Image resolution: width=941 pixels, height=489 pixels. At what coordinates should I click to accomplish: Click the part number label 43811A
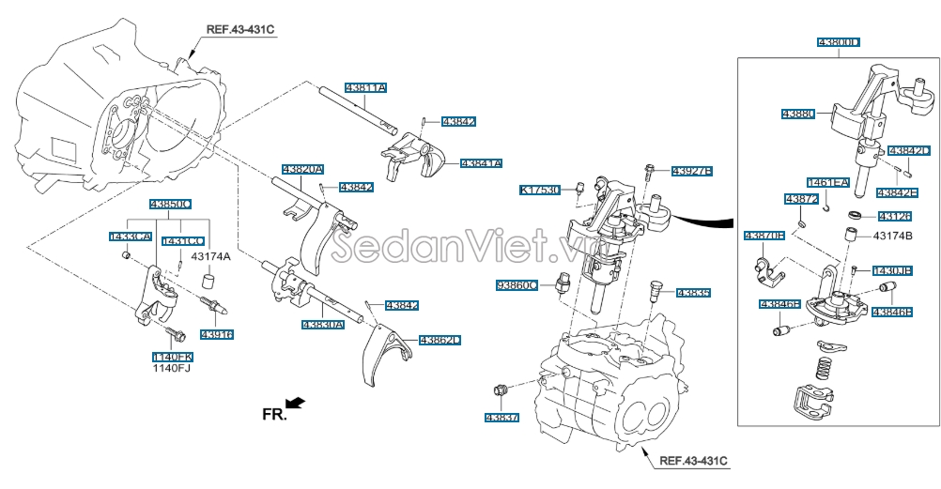365,86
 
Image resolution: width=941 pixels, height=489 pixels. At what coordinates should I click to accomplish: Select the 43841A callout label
481,163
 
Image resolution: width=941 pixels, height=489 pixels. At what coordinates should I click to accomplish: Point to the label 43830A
322,325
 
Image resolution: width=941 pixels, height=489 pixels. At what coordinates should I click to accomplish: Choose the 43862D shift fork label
440,340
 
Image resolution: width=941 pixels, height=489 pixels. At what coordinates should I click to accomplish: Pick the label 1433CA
131,238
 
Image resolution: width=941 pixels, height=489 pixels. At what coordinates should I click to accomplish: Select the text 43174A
211,255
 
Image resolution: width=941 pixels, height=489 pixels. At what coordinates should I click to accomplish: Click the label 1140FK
173,357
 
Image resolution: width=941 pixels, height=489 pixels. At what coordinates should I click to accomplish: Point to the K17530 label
540,190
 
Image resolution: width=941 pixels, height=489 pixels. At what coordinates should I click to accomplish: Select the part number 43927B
692,171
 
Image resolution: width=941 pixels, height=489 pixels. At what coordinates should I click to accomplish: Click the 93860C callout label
518,284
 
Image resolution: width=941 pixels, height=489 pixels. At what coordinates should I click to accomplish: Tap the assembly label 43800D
839,43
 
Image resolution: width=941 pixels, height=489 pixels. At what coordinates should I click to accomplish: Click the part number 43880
797,114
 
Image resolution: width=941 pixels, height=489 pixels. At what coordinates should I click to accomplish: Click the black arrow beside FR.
296,403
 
